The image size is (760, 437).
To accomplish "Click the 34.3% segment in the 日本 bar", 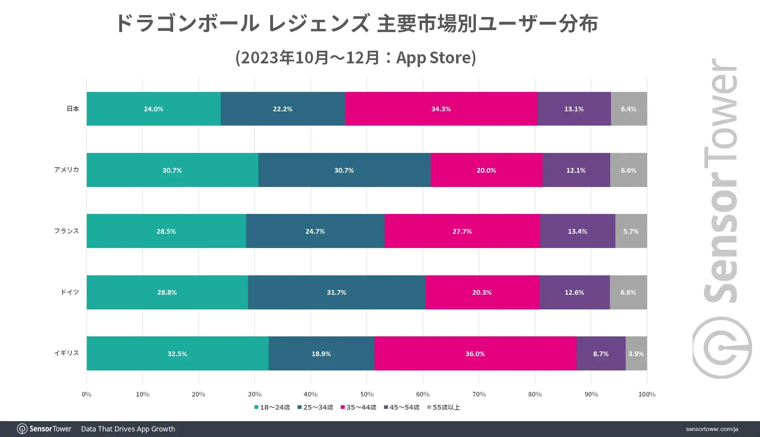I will pyautogui.click(x=441, y=109).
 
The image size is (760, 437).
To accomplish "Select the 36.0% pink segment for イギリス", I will pyautogui.click(x=475, y=354).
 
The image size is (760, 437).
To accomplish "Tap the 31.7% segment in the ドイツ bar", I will pyautogui.click(x=336, y=292).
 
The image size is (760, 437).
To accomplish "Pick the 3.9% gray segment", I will pyautogui.click(x=636, y=354).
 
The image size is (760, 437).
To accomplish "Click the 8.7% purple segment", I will pyautogui.click(x=601, y=354).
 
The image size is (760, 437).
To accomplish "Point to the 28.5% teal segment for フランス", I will pyautogui.click(x=166, y=231).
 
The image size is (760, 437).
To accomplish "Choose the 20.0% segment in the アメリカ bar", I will pyautogui.click(x=486, y=170).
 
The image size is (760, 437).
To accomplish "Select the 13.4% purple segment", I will pyautogui.click(x=577, y=231).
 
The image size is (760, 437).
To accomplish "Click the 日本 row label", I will pyautogui.click(x=73, y=109).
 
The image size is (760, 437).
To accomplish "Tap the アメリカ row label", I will pyautogui.click(x=67, y=170).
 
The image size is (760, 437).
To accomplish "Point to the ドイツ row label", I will pyautogui.click(x=70, y=292).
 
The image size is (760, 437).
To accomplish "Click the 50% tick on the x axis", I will pyautogui.click(x=367, y=394).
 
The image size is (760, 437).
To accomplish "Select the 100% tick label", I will pyautogui.click(x=647, y=394).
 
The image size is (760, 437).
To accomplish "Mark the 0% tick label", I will pyautogui.click(x=86, y=394).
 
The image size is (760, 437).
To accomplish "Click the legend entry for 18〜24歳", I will pyautogui.click(x=272, y=407).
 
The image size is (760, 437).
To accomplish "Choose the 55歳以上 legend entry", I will pyautogui.click(x=444, y=407).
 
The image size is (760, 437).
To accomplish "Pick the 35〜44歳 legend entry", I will pyautogui.click(x=359, y=407).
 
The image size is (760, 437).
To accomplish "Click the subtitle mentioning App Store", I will pyautogui.click(x=355, y=58).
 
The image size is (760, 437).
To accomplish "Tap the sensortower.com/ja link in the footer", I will pyautogui.click(x=712, y=429).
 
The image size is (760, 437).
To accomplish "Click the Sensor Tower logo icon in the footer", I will pyautogui.click(x=22, y=429).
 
